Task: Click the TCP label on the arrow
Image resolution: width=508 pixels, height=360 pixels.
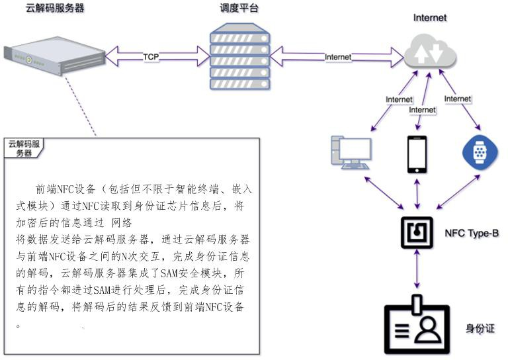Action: coord(151,57)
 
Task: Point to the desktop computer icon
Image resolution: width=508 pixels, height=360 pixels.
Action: coord(350,154)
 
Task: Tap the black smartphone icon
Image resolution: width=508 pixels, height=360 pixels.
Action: coord(416,154)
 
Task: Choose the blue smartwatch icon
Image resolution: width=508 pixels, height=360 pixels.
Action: coord(480,152)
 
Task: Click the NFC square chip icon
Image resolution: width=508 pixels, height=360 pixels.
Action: coord(417,232)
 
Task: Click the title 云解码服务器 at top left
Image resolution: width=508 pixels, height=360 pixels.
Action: coord(54,9)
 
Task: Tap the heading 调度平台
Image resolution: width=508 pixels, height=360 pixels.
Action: coord(239,9)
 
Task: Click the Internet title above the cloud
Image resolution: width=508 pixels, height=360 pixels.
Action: coord(429,18)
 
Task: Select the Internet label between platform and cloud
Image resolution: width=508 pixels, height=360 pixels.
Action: coord(338,57)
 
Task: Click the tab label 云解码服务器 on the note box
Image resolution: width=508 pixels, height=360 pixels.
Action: coord(24,148)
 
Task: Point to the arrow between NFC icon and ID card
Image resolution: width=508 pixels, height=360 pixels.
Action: coord(417,273)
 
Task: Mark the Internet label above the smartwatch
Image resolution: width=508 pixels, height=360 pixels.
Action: coord(458,99)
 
